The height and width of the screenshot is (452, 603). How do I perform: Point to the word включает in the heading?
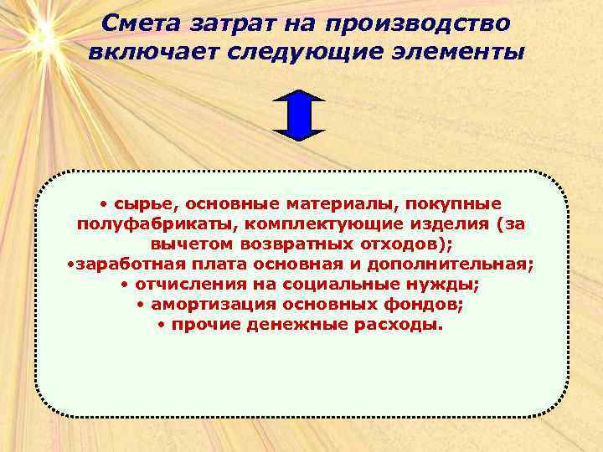149,53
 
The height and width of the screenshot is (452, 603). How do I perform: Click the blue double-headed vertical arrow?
300,114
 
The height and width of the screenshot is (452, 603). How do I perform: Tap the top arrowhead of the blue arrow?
300,95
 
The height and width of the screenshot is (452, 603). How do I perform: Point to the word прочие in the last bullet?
206,325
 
